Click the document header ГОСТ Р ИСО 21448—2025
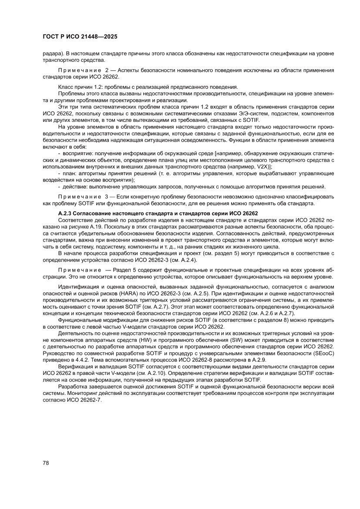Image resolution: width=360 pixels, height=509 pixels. point(80,38)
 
